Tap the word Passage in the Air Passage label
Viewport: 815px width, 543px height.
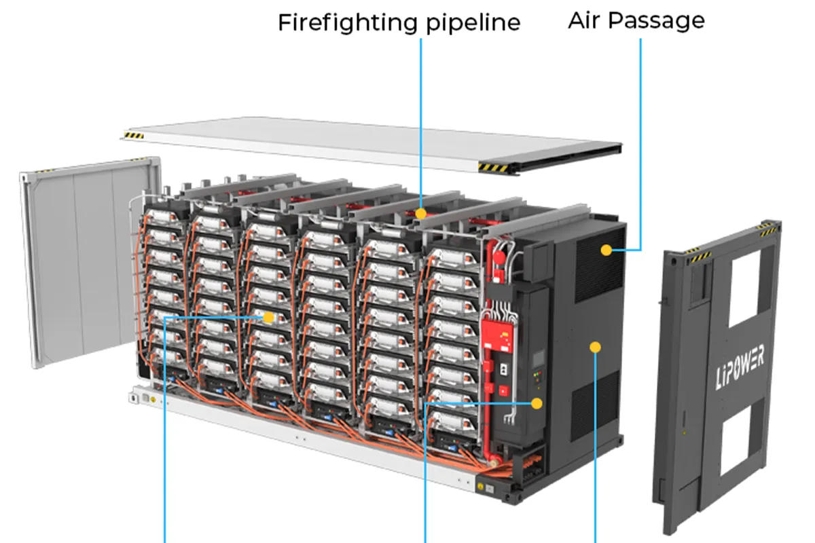(656, 20)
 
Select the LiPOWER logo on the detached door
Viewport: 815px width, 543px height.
(740, 367)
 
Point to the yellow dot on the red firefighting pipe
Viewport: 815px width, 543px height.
(421, 213)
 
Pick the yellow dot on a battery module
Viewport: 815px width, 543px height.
(268, 317)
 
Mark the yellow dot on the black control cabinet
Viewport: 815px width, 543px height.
(537, 402)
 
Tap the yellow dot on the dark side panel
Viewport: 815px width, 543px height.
(596, 348)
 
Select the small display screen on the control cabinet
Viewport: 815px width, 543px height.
(539, 358)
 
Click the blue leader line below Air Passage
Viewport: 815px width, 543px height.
(640, 136)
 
